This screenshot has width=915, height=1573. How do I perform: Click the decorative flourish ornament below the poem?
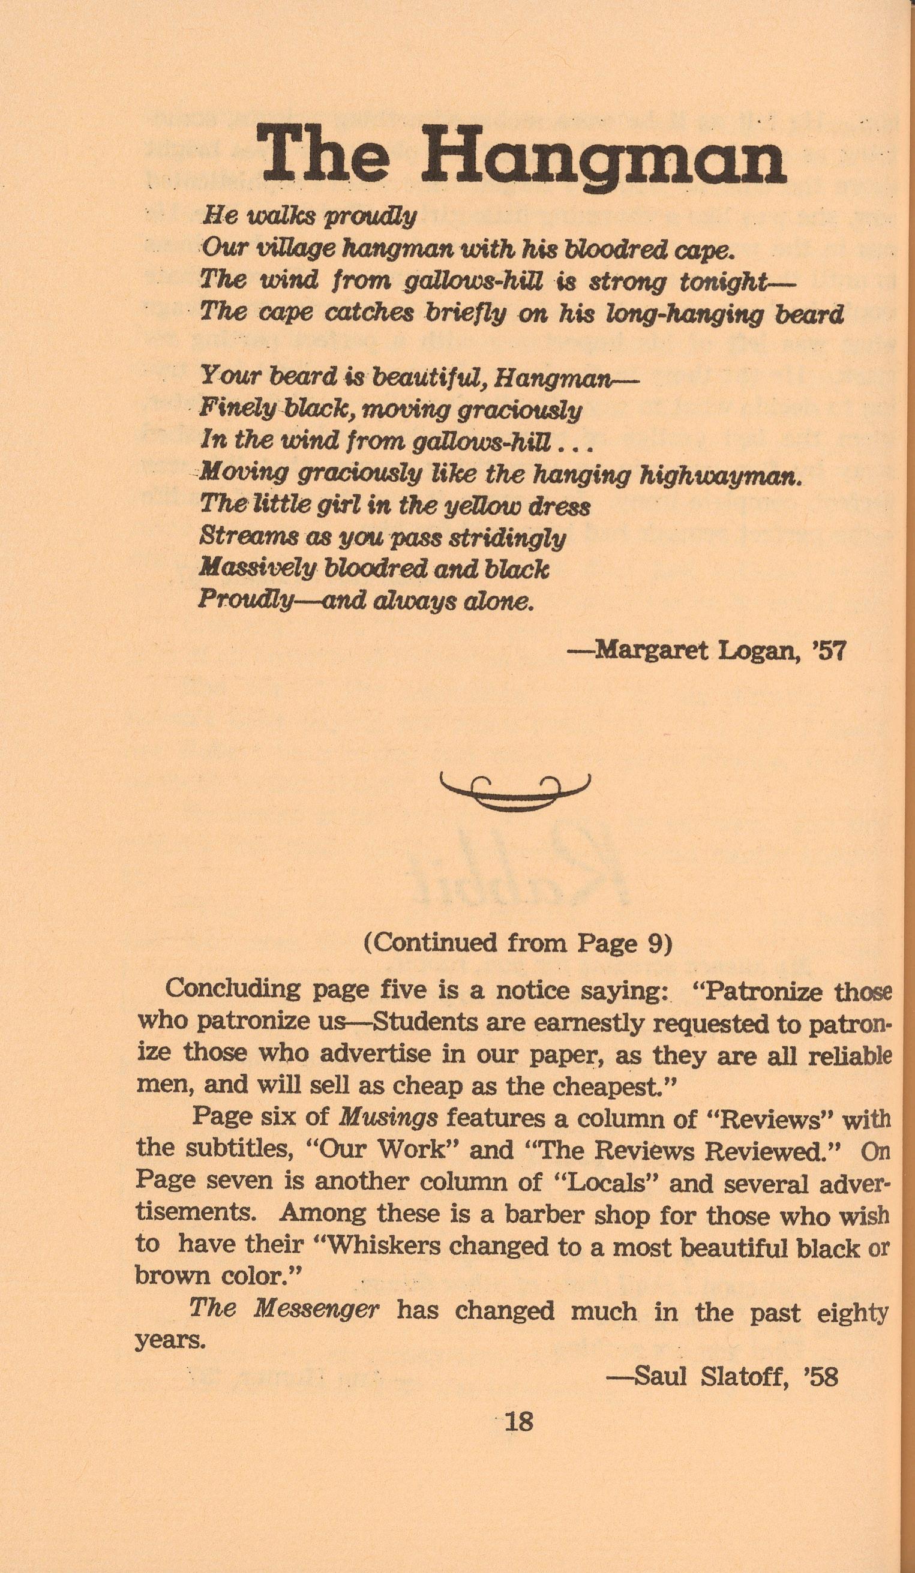514,792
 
